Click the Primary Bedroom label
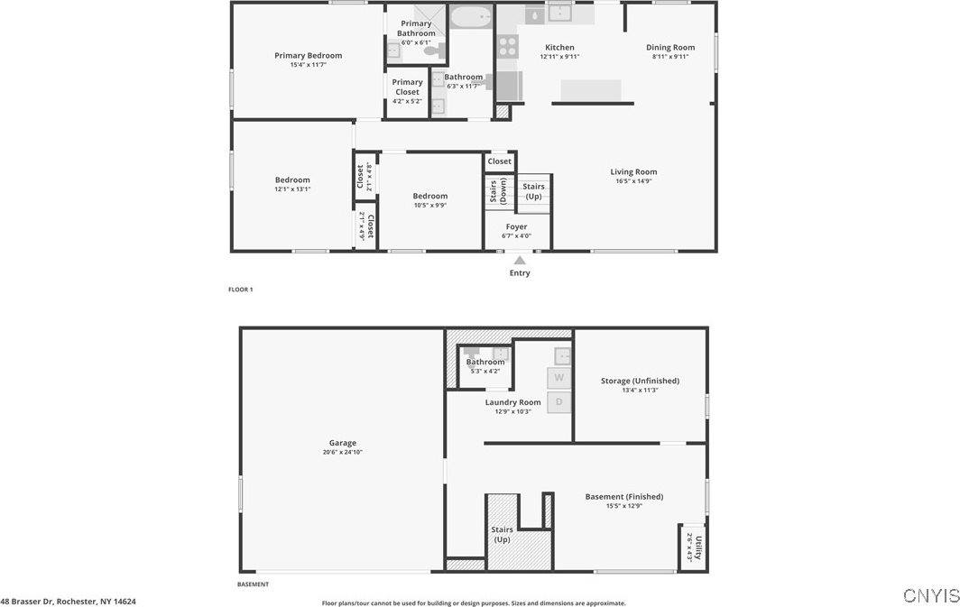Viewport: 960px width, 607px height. coord(308,55)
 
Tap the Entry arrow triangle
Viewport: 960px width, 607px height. coord(520,261)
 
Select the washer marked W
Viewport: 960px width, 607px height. coord(559,377)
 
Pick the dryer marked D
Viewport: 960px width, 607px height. coord(559,401)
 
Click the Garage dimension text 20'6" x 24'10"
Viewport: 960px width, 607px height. coord(342,452)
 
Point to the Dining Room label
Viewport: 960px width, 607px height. coord(670,47)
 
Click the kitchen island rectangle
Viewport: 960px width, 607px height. coord(591,90)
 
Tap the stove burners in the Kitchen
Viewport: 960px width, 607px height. coord(507,46)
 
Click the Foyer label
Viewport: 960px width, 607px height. coord(516,226)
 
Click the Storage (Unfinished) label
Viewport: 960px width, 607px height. coord(640,381)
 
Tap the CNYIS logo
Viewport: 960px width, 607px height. coord(930,595)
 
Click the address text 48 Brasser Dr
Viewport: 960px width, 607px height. coord(69,601)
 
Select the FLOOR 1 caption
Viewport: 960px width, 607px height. coord(240,290)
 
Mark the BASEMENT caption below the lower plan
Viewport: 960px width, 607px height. coord(253,584)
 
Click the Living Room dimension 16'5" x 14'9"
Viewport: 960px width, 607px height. coord(633,181)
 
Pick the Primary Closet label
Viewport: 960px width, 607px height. coord(407,87)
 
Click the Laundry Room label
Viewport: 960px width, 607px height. coord(512,402)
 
